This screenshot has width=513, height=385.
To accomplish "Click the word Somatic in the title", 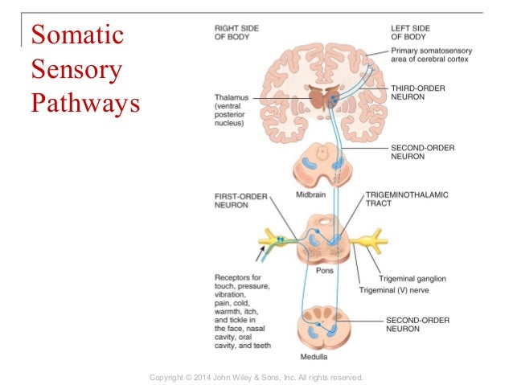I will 76,37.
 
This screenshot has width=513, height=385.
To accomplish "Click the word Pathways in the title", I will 84,104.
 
